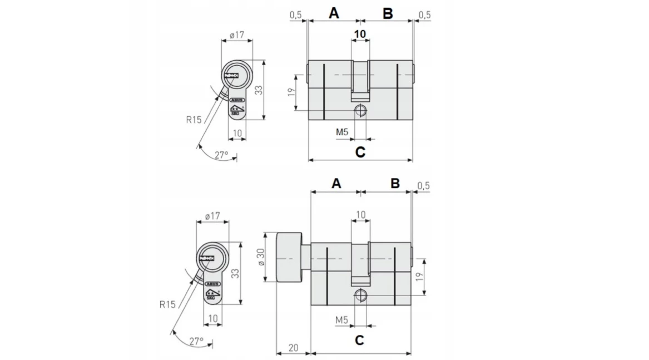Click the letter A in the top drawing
(334, 13)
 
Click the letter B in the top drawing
(388, 13)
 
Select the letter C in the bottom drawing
(359, 340)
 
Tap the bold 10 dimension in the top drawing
(360, 34)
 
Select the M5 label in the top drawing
(343, 132)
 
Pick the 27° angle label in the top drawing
(221, 155)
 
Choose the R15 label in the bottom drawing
(167, 304)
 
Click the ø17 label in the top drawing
(237, 35)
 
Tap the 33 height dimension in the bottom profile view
(235, 273)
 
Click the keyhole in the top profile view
(233, 74)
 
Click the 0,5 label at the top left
(295, 15)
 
